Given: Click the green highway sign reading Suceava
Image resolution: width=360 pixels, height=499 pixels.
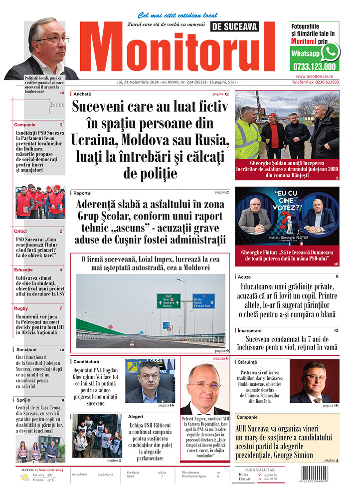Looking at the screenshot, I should click(x=169, y=300).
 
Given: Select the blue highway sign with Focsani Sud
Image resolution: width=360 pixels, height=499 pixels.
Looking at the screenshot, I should click(x=203, y=300).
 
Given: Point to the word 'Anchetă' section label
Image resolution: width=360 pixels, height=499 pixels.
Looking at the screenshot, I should click(x=83, y=94).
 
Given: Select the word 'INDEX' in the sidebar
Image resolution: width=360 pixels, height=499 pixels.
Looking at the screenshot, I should click(x=57, y=105).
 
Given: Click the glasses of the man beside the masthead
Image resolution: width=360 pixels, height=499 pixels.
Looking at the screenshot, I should click(x=52, y=40).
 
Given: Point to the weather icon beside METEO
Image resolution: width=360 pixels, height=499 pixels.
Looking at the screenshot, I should click(x=24, y=478).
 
